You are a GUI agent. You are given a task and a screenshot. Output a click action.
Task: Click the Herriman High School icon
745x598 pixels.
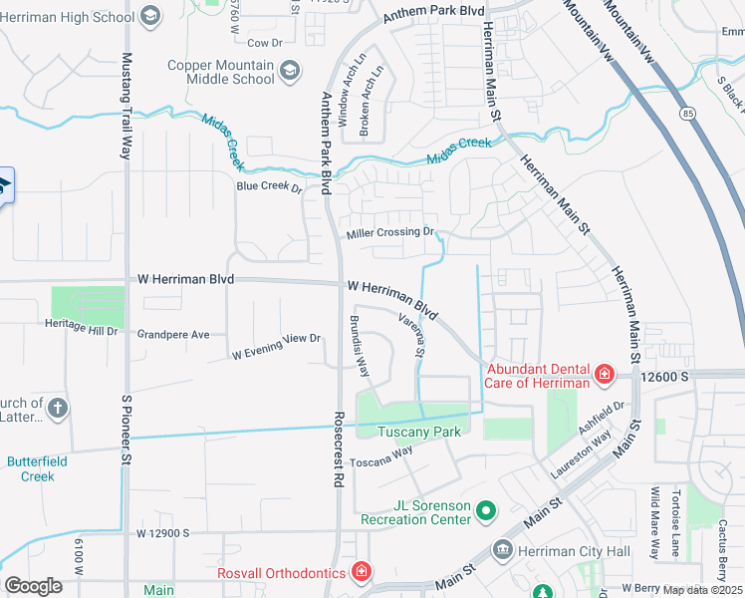tap(149, 15)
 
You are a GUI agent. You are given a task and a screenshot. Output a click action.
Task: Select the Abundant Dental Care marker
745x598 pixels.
tap(604, 375)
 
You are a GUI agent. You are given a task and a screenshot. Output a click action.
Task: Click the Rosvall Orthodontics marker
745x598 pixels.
tap(362, 572)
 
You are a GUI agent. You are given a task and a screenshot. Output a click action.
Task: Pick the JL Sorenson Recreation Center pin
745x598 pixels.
tap(486, 511)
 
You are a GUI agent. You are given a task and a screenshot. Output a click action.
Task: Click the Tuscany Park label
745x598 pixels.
tap(419, 432)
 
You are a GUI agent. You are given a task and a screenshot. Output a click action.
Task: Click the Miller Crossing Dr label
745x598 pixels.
tap(390, 234)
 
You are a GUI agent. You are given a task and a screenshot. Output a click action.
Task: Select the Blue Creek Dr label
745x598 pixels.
tap(269, 186)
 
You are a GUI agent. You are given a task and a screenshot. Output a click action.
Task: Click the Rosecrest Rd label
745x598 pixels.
tap(339, 448)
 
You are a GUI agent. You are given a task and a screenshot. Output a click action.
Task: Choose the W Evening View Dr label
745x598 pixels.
tap(276, 347)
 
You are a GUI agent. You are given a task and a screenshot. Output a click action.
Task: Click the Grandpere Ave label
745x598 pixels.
tap(173, 335)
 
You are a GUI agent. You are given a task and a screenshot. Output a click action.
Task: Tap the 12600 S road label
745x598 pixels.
tap(666, 376)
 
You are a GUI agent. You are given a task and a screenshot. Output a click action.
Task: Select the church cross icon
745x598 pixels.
tap(59, 408)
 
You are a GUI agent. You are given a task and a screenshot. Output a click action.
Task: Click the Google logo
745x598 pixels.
tap(34, 586)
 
